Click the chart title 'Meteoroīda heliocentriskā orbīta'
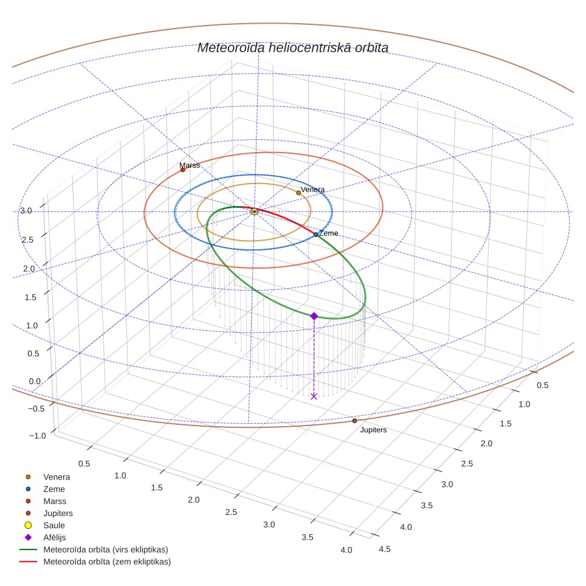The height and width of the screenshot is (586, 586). point(292,48)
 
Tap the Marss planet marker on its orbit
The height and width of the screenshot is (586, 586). point(183,170)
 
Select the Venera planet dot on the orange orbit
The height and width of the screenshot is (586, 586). point(298,193)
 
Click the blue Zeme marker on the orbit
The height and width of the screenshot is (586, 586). point(316,235)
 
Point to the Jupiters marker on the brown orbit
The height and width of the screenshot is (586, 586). point(354,421)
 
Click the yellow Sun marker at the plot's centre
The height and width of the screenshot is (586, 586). point(255,212)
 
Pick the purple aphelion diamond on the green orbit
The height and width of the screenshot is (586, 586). point(314,316)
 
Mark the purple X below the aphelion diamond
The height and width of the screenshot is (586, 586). point(314,396)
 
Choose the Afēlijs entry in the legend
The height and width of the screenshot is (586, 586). point(45,537)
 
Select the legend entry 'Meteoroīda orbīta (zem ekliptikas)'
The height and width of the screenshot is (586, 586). point(95,562)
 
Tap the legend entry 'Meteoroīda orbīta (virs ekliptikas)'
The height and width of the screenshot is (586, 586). point(94,550)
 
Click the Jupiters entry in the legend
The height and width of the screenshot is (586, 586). point(49,513)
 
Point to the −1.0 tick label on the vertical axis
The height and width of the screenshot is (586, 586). point(38,436)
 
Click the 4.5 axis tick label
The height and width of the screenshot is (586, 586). point(385,549)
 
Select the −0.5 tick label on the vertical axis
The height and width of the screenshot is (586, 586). point(36,408)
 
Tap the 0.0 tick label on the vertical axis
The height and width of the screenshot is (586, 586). point(35,381)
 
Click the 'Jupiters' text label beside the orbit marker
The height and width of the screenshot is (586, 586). point(373,430)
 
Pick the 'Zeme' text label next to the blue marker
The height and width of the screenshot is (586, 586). point(328,233)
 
